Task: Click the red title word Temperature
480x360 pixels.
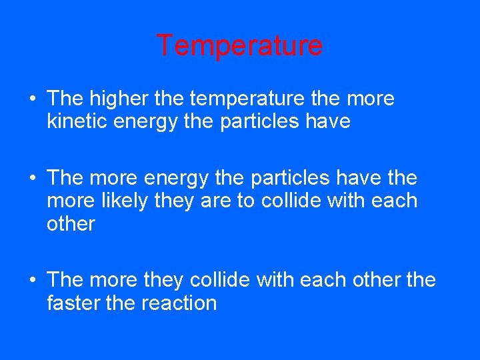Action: tap(239, 46)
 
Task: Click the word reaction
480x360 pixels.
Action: tap(179, 303)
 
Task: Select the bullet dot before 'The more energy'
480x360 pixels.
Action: tap(33, 179)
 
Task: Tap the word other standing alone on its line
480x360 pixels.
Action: tap(71, 223)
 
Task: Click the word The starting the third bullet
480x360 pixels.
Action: tap(64, 280)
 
